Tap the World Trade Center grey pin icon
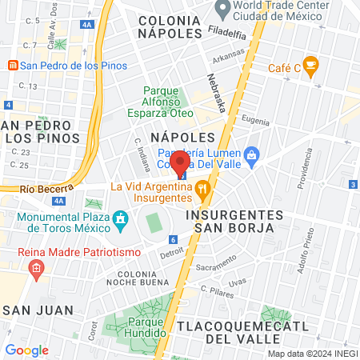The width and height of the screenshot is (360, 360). (222, 10)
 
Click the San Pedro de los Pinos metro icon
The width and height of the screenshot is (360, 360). (12, 66)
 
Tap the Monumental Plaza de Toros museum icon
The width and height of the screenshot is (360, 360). (121, 218)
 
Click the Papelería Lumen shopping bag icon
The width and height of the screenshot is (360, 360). (251, 153)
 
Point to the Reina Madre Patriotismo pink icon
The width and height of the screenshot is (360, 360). (36, 270)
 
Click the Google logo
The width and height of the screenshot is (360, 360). (26, 350)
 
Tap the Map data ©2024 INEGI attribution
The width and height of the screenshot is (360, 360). (310, 354)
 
